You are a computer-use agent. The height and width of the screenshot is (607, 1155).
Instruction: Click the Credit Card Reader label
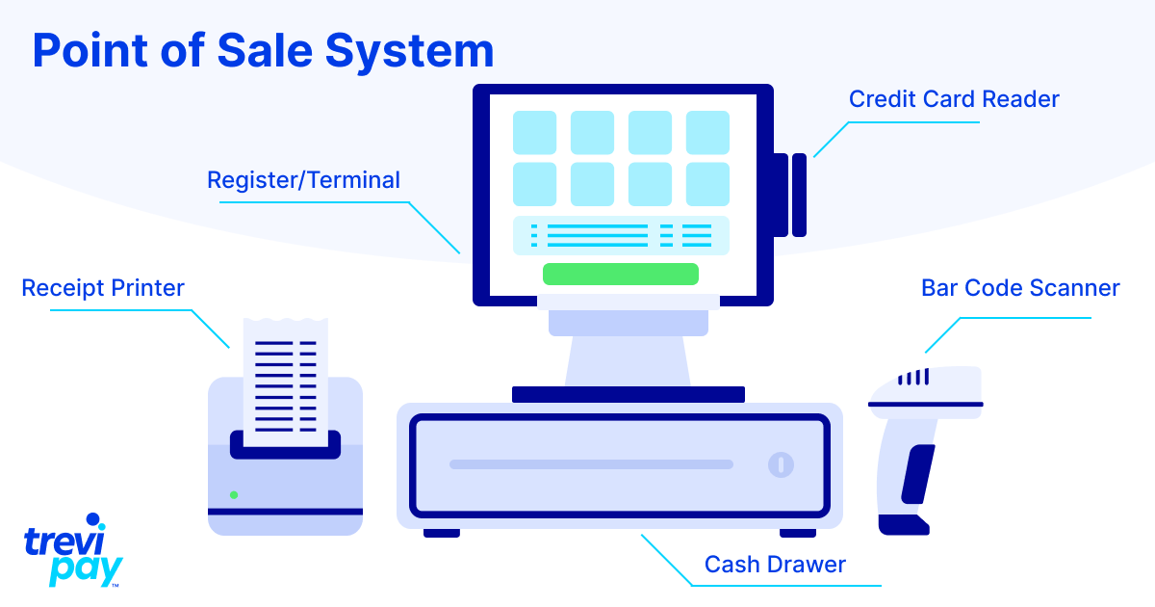click(x=953, y=99)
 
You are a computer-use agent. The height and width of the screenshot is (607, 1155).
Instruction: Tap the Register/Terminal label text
click(x=303, y=180)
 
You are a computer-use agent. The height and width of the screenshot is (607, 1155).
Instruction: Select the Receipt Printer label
click(x=103, y=287)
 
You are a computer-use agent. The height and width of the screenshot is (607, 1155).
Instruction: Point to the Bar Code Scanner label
click(x=1020, y=288)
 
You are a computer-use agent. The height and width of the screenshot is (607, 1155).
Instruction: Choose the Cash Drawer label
click(x=775, y=564)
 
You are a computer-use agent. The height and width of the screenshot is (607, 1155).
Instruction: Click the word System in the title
click(x=410, y=50)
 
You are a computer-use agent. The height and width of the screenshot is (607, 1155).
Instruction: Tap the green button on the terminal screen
click(x=620, y=274)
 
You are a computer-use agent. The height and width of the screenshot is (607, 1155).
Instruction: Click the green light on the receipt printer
click(x=234, y=494)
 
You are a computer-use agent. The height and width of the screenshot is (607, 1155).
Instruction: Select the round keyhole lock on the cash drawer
click(x=781, y=464)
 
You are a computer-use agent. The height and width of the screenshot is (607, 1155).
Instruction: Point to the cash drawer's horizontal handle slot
click(x=591, y=464)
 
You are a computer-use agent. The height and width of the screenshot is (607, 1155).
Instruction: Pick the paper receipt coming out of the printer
click(x=285, y=381)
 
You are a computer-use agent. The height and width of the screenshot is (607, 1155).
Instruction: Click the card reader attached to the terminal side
click(x=790, y=194)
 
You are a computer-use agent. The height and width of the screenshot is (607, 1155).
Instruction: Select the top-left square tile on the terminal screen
click(x=534, y=133)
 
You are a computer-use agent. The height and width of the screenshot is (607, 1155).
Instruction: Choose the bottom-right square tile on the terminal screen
click(x=707, y=183)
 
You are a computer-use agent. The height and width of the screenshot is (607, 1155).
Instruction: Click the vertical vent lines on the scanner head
click(x=914, y=378)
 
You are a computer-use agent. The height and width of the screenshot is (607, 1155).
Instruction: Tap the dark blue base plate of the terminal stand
click(x=628, y=394)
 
